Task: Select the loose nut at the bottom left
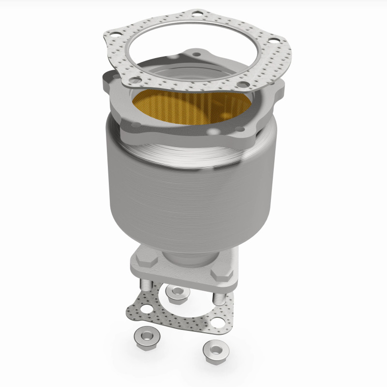click(143, 334)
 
